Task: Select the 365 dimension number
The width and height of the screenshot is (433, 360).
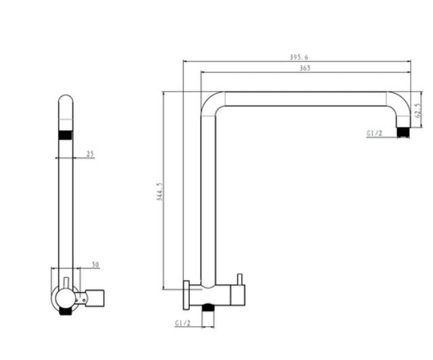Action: point(304,68)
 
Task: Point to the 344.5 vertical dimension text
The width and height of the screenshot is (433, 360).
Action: point(159,191)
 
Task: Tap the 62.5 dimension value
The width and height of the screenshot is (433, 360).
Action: point(418,114)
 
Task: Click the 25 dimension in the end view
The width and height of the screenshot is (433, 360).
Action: point(89,154)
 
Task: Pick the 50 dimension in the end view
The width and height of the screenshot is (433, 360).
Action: point(95,265)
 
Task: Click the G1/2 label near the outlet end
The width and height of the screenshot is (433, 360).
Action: point(374,133)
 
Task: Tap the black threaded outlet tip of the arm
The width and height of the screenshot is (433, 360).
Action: point(403,132)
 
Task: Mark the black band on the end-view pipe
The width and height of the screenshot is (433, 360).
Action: point(66,134)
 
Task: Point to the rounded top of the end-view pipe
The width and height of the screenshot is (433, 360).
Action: point(66,100)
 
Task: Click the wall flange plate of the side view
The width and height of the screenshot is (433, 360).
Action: point(185,295)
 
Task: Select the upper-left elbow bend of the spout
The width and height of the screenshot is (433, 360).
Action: point(209,102)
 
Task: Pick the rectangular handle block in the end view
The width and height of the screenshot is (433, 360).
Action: point(95,296)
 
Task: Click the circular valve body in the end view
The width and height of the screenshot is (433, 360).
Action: point(62,298)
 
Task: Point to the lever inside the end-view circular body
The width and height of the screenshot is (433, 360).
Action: point(64,286)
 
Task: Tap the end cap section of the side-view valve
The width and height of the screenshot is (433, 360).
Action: point(237,295)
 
